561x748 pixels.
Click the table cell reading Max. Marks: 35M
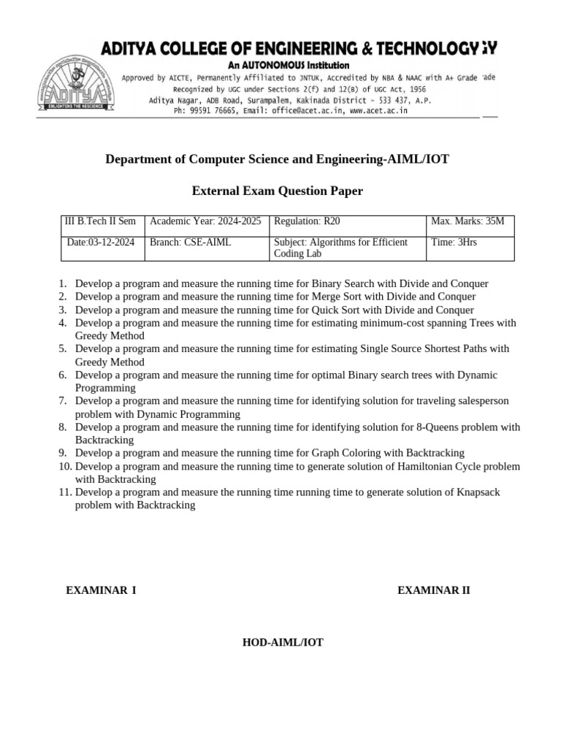tap(467, 221)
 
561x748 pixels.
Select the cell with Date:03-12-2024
tap(100, 243)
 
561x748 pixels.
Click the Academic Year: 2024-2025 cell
tap(205, 221)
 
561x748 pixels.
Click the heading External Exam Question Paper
tap(277, 191)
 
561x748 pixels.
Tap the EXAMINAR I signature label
tap(101, 590)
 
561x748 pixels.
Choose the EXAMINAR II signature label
tap(434, 590)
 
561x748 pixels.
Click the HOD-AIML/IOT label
tap(283, 643)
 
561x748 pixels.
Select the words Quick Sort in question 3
tap(338, 310)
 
